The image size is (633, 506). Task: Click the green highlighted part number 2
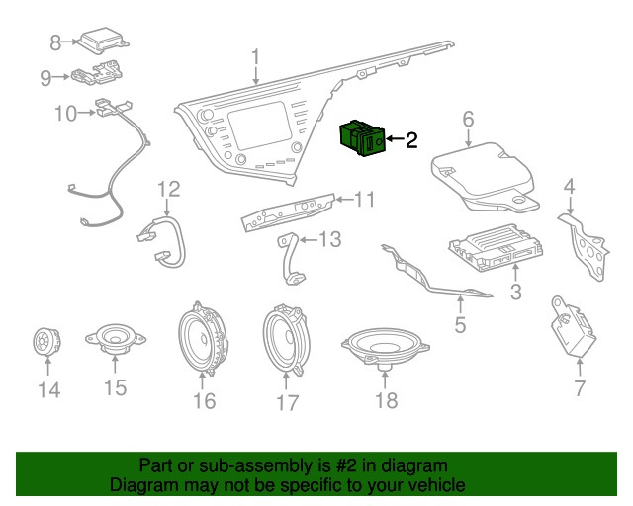click(361, 138)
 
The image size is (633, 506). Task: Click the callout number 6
click(469, 120)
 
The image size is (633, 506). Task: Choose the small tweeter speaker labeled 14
click(43, 342)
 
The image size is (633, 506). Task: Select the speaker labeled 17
click(287, 341)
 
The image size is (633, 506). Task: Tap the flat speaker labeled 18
click(385, 346)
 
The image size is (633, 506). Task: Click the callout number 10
click(64, 114)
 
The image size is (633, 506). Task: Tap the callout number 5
click(459, 324)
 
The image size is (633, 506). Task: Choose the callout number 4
click(570, 186)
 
